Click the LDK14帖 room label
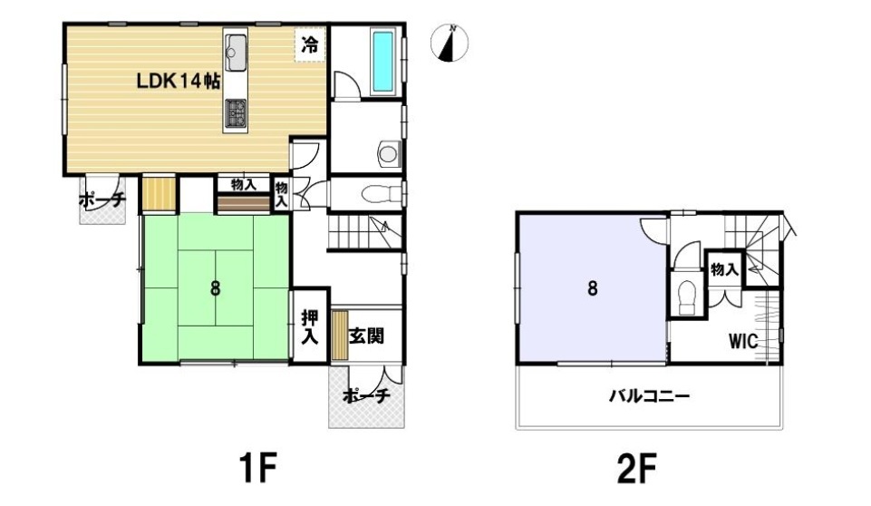pyautogui.click(x=179, y=82)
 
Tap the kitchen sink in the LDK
pyautogui.click(x=236, y=53)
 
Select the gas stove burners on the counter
pyautogui.click(x=236, y=112)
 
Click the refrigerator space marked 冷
pyautogui.click(x=310, y=44)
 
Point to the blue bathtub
pyautogui.click(x=382, y=62)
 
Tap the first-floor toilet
pyautogui.click(x=382, y=194)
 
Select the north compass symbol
pyautogui.click(x=450, y=43)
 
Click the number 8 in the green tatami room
pyautogui.click(x=215, y=288)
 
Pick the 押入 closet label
pyautogui.click(x=309, y=327)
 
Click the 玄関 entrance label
pyautogui.click(x=367, y=336)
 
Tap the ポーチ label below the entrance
pyautogui.click(x=366, y=396)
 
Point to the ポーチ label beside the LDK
pyautogui.click(x=102, y=199)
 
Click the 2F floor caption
pyautogui.click(x=636, y=468)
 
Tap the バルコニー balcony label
pyautogui.click(x=649, y=396)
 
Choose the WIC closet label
pyautogui.click(x=743, y=341)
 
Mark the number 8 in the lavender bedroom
pyautogui.click(x=593, y=288)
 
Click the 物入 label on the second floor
pyautogui.click(x=724, y=270)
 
